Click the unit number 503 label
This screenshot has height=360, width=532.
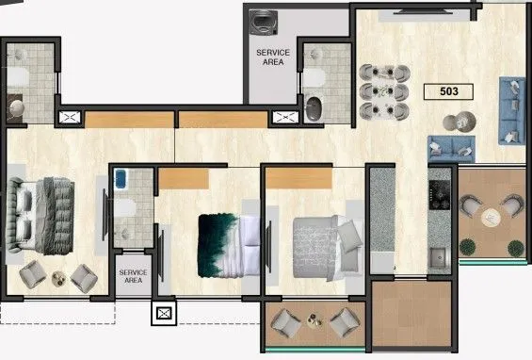click(450, 91)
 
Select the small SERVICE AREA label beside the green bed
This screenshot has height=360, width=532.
click(133, 275)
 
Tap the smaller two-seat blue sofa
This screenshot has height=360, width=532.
click(450, 147)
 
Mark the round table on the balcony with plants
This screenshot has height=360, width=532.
click(490, 217)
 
